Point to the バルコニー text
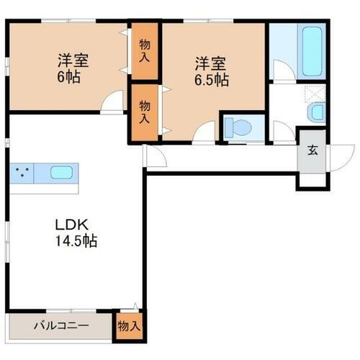(x=60, y=326)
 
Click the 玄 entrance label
(x=314, y=150)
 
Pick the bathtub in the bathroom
(x=312, y=52)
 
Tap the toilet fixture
(x=237, y=128)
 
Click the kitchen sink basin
(x=61, y=174)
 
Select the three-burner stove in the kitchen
(x=24, y=174)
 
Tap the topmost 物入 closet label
(x=143, y=50)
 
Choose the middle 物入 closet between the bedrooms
(x=144, y=112)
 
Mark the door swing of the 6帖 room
(x=111, y=104)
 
